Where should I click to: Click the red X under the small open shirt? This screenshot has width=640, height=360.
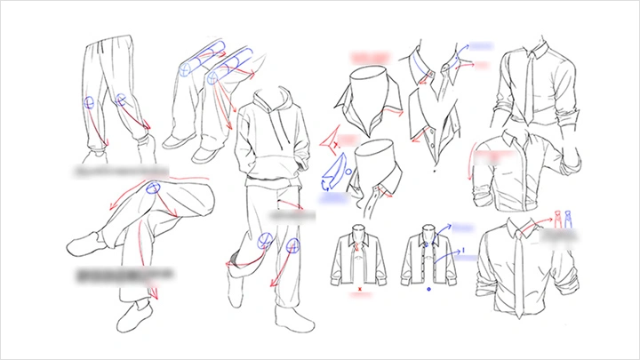pos(358,288)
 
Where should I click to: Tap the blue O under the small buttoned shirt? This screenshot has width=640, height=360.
pos(428,289)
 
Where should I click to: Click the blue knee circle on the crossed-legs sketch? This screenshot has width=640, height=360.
pos(154,188)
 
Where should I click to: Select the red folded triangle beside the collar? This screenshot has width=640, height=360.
pos(331,138)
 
